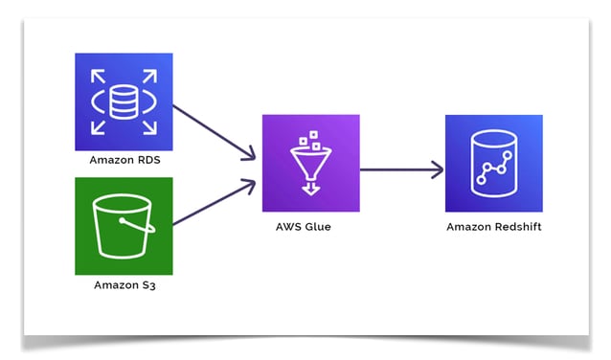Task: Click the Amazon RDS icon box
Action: pyautogui.click(x=124, y=101)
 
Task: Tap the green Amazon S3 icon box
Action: pyautogui.click(x=124, y=226)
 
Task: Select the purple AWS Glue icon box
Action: pyautogui.click(x=310, y=163)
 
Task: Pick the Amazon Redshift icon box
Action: pyautogui.click(x=493, y=163)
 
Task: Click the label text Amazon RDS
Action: pyautogui.click(x=124, y=160)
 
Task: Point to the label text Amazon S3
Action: pyautogui.click(x=124, y=285)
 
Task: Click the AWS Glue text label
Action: pyautogui.click(x=310, y=227)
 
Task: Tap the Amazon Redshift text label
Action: pyautogui.click(x=493, y=227)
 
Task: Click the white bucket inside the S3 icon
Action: pyautogui.click(x=124, y=227)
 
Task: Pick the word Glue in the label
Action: pyautogui.click(x=325, y=227)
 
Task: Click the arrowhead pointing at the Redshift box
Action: pyautogui.click(x=439, y=170)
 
